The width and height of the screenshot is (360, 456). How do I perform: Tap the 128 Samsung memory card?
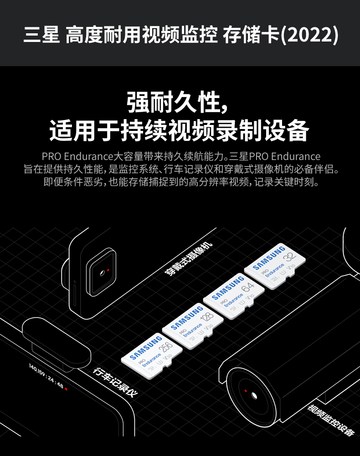click(193, 326)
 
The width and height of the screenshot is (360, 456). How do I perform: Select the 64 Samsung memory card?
click(233, 296)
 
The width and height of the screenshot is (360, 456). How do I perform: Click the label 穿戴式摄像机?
click(188, 259)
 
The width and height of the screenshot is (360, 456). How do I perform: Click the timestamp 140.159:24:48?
click(46, 375)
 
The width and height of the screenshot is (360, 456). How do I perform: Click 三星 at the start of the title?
click(41, 35)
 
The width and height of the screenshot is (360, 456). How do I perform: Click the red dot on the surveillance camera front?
click(246, 391)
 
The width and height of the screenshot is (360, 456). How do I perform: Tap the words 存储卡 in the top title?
click(251, 35)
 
